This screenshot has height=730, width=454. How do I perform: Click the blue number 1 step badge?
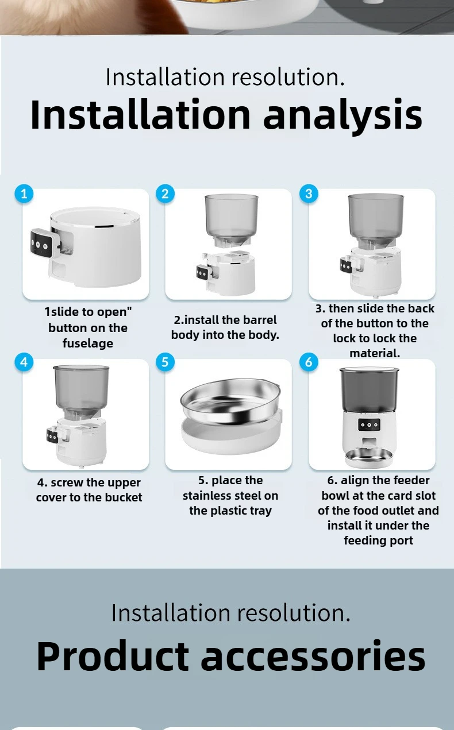(x=24, y=194)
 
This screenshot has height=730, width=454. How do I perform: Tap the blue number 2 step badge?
(x=165, y=194)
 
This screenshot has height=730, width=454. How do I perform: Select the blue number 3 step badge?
(x=309, y=194)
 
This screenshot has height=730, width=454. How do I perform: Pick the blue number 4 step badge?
(x=24, y=362)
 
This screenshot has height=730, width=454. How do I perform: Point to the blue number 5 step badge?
(x=165, y=362)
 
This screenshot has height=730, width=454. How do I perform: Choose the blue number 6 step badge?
(x=309, y=362)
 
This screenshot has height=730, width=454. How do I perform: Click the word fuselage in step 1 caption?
(x=88, y=343)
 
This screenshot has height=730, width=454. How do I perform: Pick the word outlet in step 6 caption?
(x=397, y=511)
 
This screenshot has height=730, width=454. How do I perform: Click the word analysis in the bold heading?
(x=343, y=115)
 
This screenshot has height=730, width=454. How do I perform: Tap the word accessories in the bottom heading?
(x=313, y=655)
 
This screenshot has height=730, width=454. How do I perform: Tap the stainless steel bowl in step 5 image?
(x=230, y=401)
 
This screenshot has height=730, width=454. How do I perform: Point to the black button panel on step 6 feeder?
(x=369, y=424)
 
